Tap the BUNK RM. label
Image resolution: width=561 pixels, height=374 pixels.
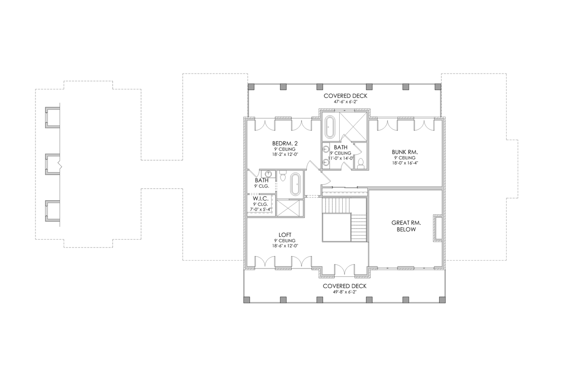point(405,152)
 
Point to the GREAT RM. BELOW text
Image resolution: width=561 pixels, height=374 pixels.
point(403,226)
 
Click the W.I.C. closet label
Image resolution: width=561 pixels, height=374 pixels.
point(260,198)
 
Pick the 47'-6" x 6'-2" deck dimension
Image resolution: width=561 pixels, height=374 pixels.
point(345,102)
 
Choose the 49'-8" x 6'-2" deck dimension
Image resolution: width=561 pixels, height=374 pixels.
point(344,292)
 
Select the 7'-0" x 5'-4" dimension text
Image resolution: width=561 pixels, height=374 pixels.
point(260,209)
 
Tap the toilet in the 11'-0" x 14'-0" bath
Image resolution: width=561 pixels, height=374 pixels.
point(361,163)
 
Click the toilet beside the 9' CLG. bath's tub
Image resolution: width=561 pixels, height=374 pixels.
point(283,177)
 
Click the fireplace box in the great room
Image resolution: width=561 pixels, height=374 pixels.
point(438,228)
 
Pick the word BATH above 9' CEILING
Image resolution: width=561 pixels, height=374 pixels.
point(341,148)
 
